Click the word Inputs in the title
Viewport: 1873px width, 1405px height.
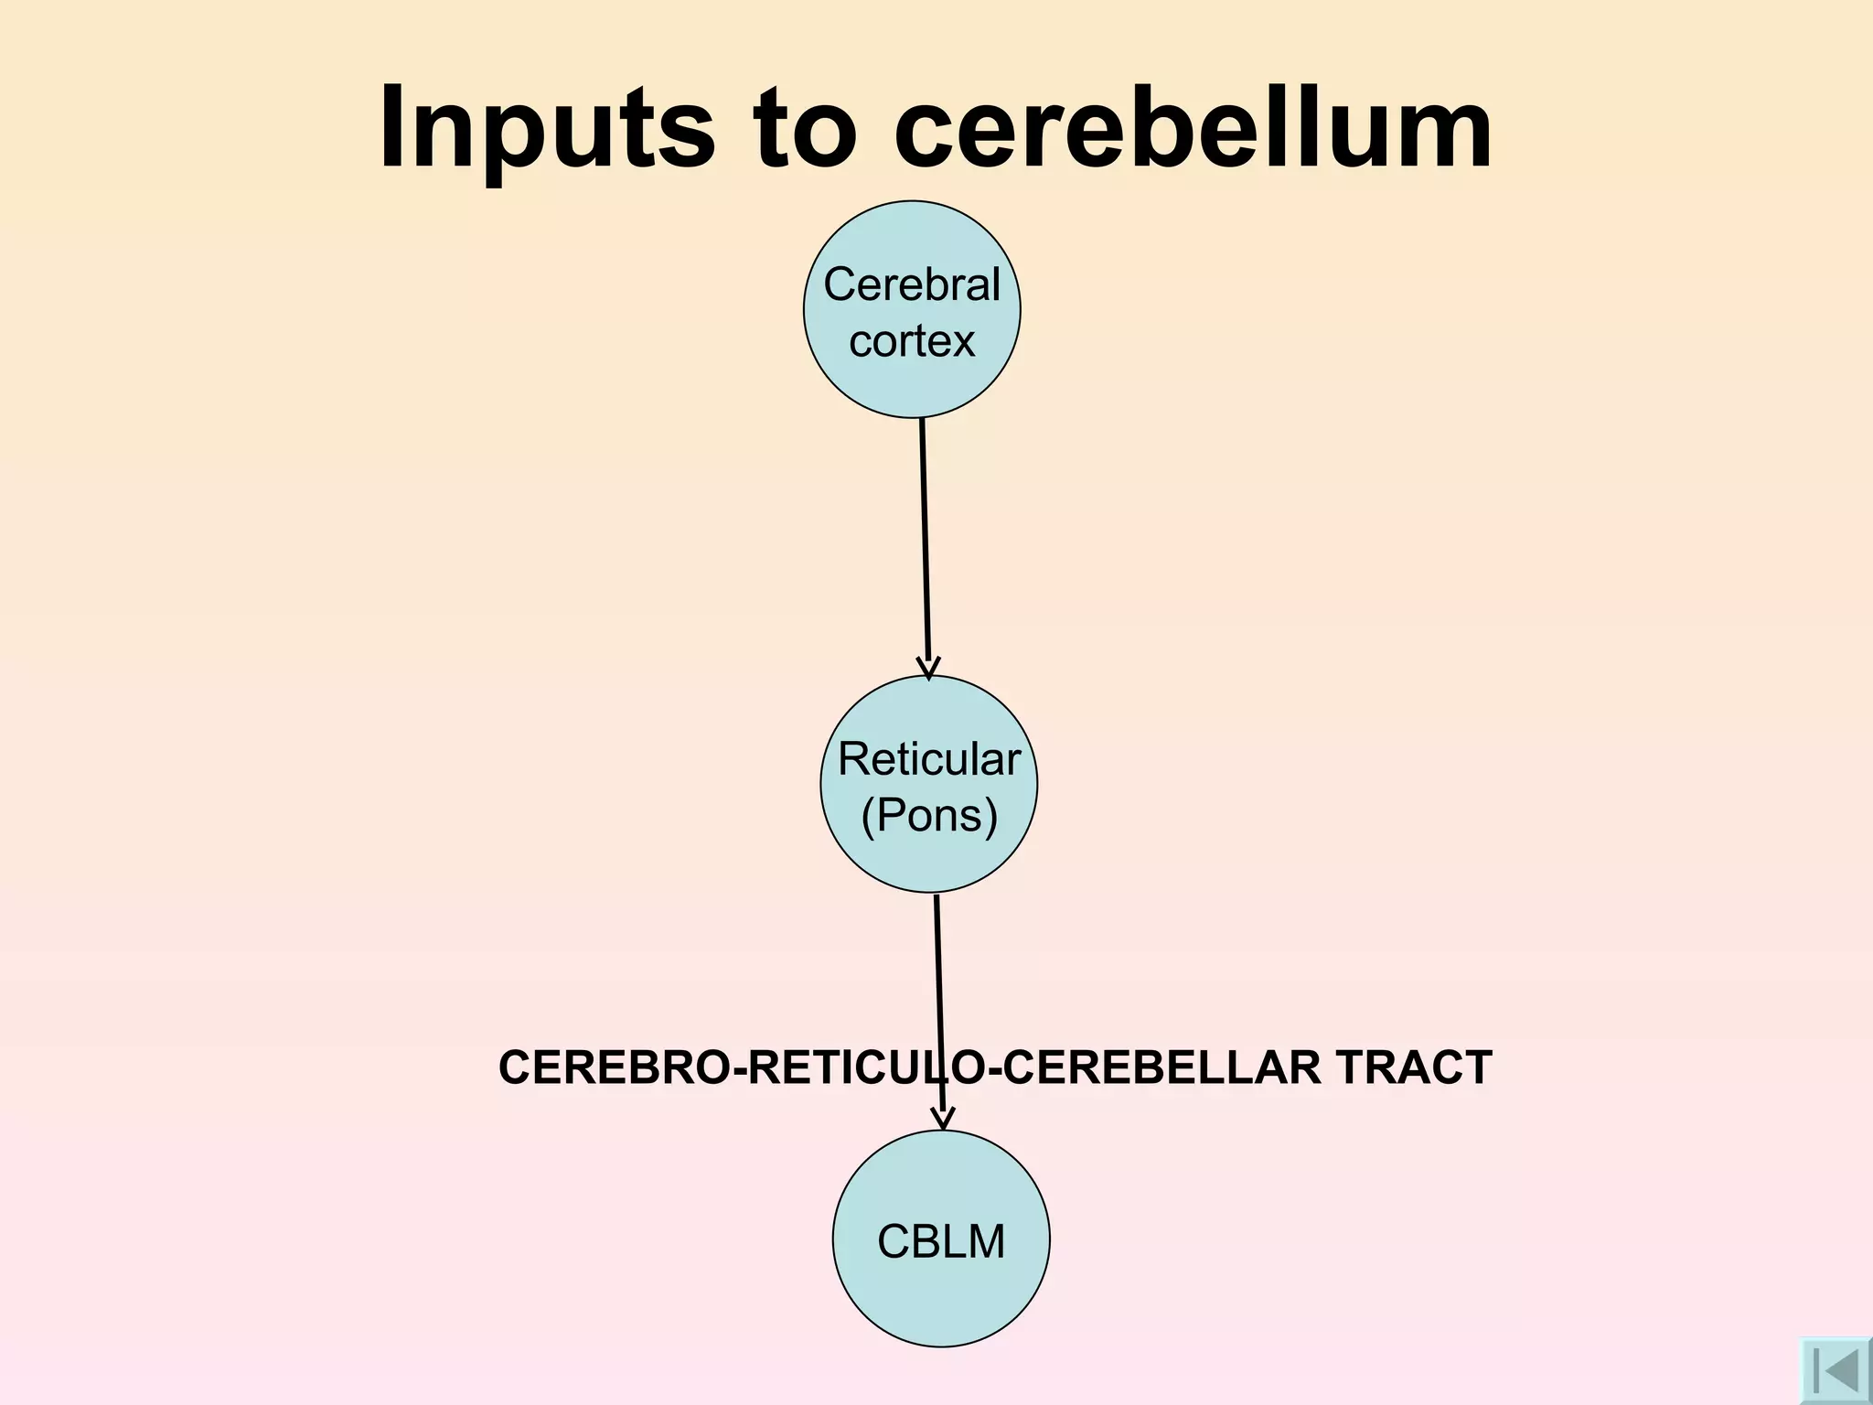pyautogui.click(x=546, y=128)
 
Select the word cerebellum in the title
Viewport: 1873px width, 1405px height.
pyautogui.click(x=1193, y=128)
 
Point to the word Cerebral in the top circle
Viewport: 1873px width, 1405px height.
pyautogui.click(x=912, y=284)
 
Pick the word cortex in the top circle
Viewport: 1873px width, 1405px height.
pyautogui.click(x=912, y=341)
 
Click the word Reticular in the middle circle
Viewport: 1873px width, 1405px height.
pyautogui.click(x=928, y=759)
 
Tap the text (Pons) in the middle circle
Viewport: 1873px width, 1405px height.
pyautogui.click(x=928, y=815)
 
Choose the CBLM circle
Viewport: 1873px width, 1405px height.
pyautogui.click(x=941, y=1299)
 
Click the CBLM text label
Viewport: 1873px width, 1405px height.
pyautogui.click(x=941, y=1242)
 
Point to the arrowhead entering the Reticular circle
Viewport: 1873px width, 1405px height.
pyautogui.click(x=928, y=668)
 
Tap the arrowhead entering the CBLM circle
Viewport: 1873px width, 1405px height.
pyautogui.click(x=942, y=1119)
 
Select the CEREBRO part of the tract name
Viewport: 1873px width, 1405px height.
pyautogui.click(x=613, y=1067)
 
